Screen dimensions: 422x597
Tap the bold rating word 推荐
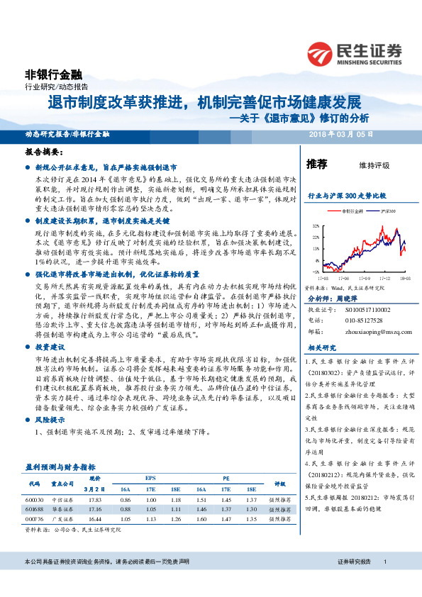click(316, 164)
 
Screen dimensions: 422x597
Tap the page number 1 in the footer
click(384, 581)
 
